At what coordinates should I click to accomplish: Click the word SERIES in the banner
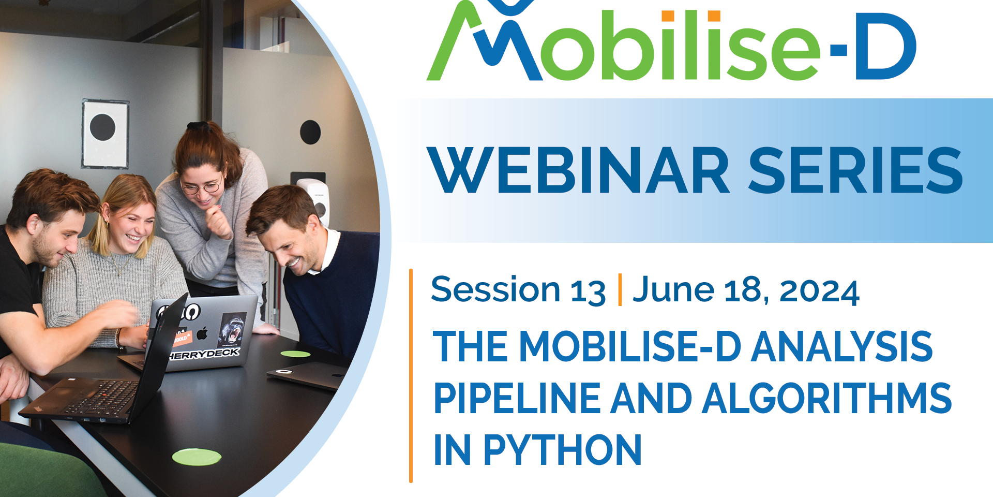[855, 170]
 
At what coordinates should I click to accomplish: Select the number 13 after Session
[588, 291]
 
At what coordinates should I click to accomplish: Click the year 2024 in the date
[819, 291]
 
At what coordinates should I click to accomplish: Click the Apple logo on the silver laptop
[203, 333]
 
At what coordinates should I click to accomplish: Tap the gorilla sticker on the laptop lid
[233, 329]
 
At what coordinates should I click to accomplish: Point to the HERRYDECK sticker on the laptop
[204, 354]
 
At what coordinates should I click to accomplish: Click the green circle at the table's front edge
[197, 457]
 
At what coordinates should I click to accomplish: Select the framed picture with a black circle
[106, 133]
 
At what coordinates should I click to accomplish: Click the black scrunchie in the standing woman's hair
[198, 126]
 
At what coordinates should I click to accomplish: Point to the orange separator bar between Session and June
[620, 290]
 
